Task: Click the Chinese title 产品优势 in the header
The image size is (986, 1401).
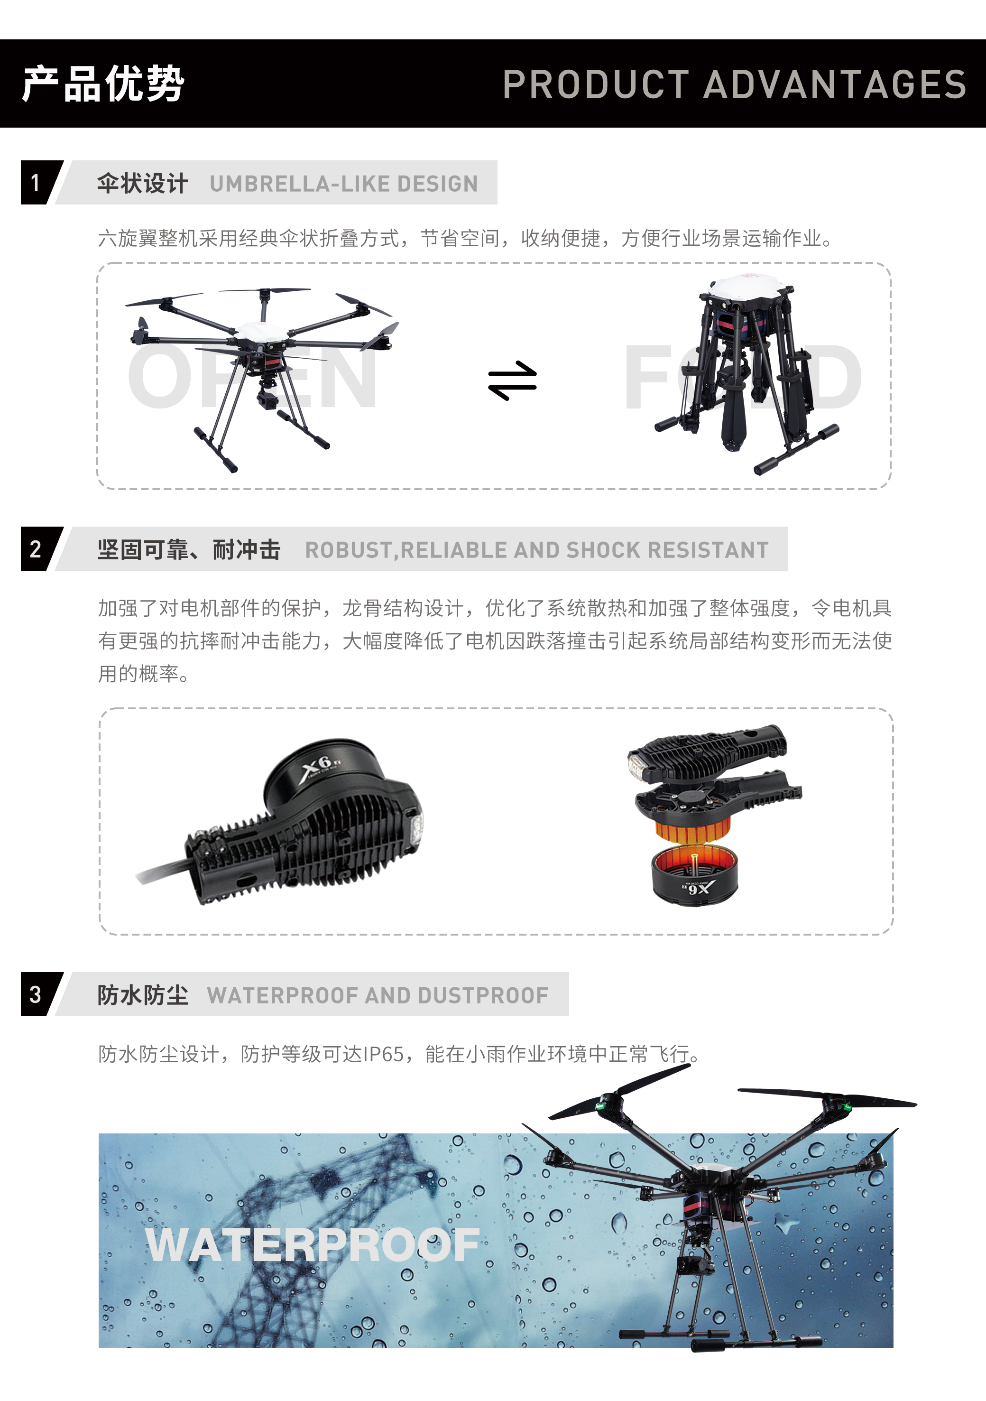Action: coord(102,84)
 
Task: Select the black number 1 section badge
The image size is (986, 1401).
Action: coord(37,183)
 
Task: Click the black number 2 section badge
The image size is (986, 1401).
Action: coord(37,548)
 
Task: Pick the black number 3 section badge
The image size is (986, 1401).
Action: coord(37,994)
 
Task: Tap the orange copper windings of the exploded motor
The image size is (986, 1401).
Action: coord(692,830)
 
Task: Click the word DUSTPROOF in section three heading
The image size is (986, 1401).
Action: coord(483,995)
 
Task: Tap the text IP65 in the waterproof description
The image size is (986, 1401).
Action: coord(383,1054)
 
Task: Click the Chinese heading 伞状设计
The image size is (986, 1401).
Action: coord(142,183)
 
